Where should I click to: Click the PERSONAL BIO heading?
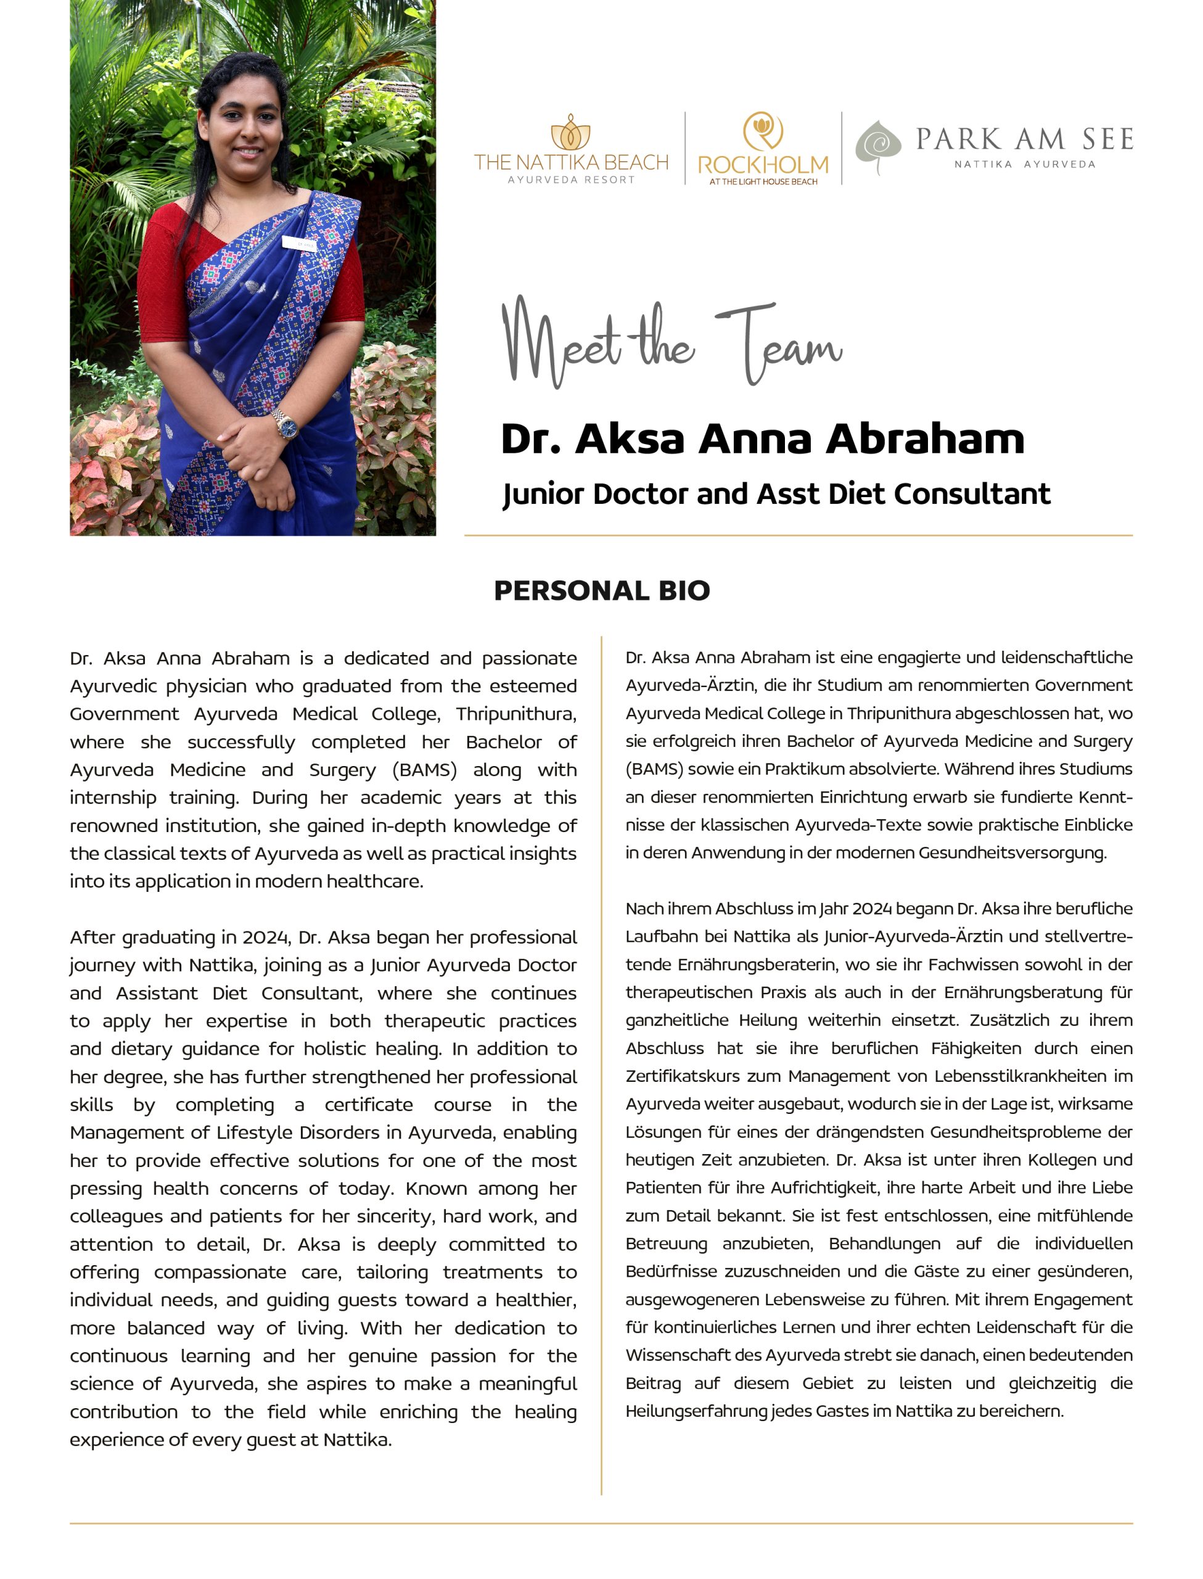click(602, 591)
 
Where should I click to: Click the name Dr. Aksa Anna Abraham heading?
click(762, 439)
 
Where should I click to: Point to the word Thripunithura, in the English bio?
click(515, 714)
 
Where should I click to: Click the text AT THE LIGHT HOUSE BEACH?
click(763, 182)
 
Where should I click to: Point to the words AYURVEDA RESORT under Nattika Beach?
click(571, 179)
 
